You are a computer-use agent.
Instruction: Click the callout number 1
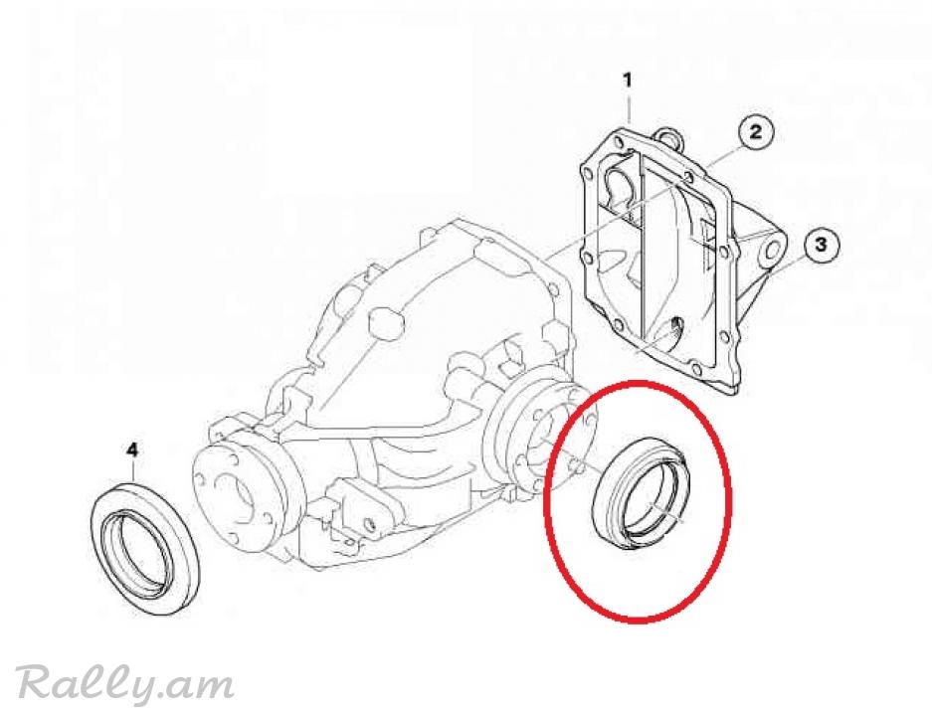click(x=628, y=80)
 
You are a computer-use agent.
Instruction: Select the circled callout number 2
click(x=756, y=130)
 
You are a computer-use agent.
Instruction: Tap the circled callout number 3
click(x=821, y=245)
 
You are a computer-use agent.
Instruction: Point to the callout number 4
click(x=132, y=449)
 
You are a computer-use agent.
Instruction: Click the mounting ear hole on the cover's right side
click(x=772, y=249)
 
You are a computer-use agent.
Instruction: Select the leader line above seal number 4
click(x=133, y=472)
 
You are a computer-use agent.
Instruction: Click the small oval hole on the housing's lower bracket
click(x=370, y=523)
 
